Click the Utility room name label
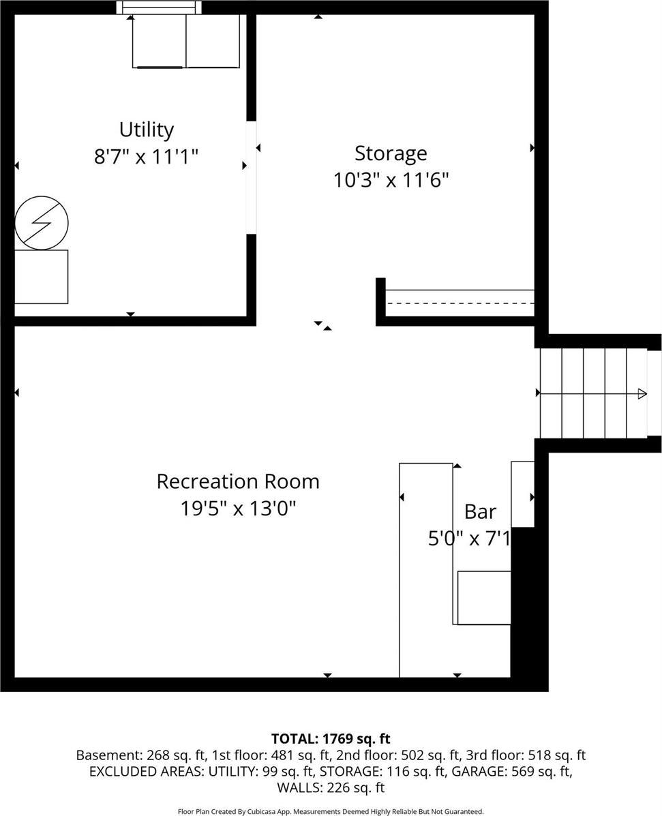pos(146,130)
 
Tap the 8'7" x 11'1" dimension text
pos(146,157)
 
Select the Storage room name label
pos(391,153)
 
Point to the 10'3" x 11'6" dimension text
pos(391,180)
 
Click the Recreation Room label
pos(238,481)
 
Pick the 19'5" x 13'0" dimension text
pos(238,509)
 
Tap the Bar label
pos(480,511)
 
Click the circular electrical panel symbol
pos(42,223)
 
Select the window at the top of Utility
pos(160,7)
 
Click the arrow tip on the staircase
pos(642,393)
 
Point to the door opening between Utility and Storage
pos(252,178)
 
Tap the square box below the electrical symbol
pos(42,277)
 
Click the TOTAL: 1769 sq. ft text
pos(331,738)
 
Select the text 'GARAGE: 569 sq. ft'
pos(519,772)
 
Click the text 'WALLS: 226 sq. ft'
pos(331,788)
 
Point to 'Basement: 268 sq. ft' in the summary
pos(128,755)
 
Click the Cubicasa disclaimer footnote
pos(331,811)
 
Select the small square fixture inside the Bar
pos(484,598)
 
